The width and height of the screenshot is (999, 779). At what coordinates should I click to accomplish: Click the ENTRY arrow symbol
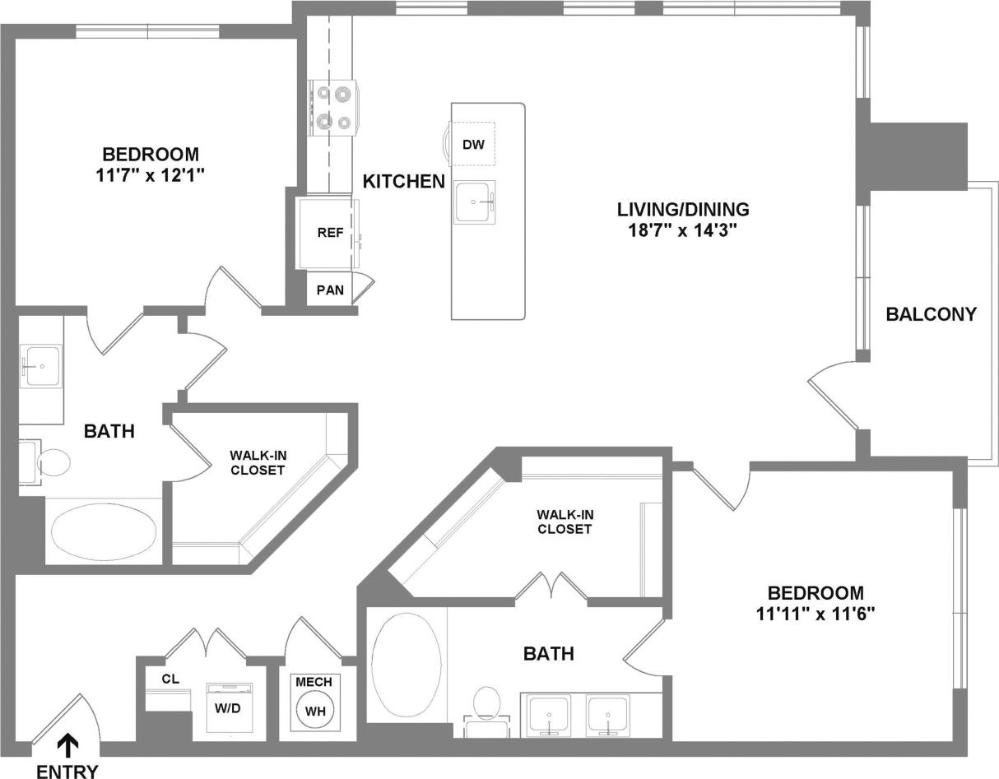click(x=68, y=744)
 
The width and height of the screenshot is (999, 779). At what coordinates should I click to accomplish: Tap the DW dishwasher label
click(x=472, y=146)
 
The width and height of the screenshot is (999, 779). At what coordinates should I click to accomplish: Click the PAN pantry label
click(x=330, y=290)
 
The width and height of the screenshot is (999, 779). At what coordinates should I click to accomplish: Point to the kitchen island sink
click(x=475, y=202)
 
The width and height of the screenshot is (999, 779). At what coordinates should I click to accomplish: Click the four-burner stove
click(x=334, y=109)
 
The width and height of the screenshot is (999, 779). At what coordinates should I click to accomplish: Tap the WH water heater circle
click(x=314, y=710)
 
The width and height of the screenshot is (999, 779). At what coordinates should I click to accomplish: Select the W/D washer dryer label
click(x=227, y=708)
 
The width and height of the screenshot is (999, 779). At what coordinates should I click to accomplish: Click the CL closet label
click(x=170, y=679)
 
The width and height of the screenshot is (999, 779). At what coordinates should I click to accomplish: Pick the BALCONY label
click(x=931, y=314)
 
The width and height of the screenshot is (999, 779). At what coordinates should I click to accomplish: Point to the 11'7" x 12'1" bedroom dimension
click(x=150, y=174)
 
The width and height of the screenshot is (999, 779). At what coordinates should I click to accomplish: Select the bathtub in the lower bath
click(x=407, y=664)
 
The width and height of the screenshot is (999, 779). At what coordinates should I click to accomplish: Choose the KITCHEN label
click(x=404, y=182)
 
